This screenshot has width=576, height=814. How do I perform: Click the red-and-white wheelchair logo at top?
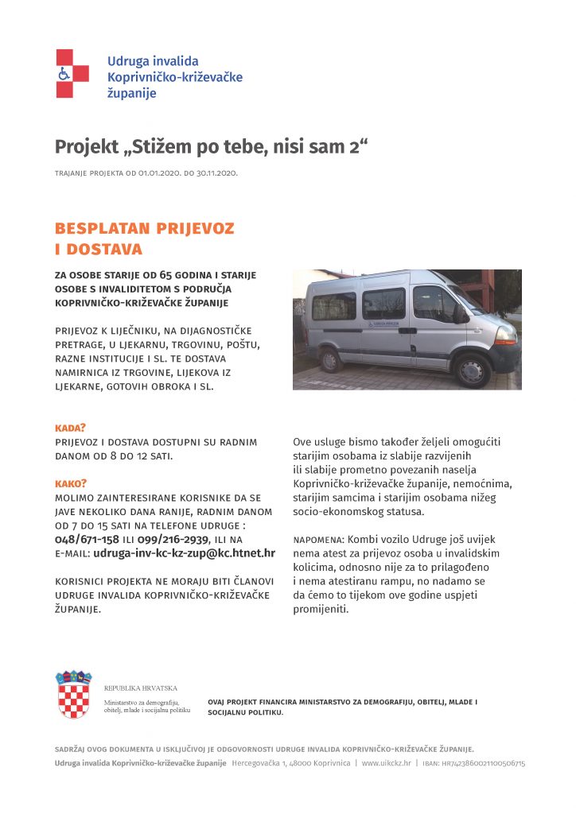[x=72, y=73]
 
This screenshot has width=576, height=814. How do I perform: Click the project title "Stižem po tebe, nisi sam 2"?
[x=213, y=147]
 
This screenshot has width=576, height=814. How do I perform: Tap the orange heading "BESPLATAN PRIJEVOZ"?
[x=145, y=229]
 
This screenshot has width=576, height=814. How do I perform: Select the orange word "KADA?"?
[x=70, y=428]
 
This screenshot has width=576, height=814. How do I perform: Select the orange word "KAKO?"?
[x=71, y=483]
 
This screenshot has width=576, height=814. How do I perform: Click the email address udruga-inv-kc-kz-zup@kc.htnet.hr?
[x=185, y=553]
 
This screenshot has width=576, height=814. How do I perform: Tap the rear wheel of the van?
[x=330, y=360]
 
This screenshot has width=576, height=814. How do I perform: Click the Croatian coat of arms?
[x=73, y=695]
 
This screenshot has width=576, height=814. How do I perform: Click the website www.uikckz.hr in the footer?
[x=386, y=763]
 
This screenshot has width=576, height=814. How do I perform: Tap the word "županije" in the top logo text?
[x=132, y=93]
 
